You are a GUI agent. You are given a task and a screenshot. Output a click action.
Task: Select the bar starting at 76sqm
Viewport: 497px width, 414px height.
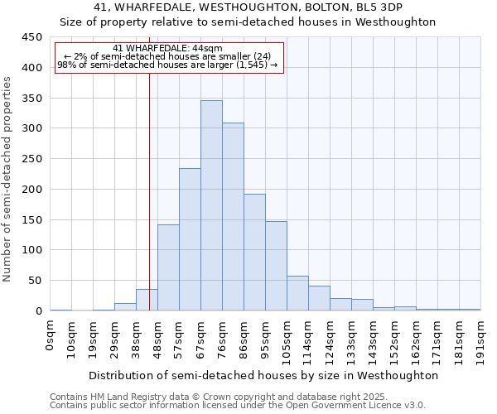pos(233,217)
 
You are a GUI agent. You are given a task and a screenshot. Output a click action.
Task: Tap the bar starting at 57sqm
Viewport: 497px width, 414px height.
pos(190,239)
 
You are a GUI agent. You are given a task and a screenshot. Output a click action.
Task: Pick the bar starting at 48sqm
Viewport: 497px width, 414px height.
pos(168,267)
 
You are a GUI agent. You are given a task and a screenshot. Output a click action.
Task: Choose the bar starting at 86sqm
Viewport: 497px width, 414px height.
pos(254,253)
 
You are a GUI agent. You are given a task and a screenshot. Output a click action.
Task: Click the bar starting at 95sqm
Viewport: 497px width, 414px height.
pos(276,266)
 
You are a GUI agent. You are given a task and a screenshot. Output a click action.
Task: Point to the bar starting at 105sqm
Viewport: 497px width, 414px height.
pos(297,293)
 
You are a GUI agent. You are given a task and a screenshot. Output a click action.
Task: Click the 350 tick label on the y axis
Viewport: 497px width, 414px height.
pos(31,98)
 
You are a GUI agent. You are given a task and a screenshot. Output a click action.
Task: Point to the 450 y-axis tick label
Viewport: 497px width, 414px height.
pos(31,37)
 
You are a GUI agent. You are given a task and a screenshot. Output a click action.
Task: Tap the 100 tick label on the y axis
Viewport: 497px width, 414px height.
pos(31,250)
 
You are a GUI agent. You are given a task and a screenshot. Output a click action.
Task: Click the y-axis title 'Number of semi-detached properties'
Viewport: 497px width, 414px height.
pos(8,178)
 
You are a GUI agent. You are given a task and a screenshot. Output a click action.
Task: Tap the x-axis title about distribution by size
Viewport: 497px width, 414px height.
pos(263,375)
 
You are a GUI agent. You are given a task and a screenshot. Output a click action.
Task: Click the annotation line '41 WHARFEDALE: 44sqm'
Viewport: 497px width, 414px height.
pos(168,49)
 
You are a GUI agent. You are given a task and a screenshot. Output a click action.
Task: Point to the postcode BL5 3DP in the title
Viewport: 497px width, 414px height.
pos(378,7)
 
